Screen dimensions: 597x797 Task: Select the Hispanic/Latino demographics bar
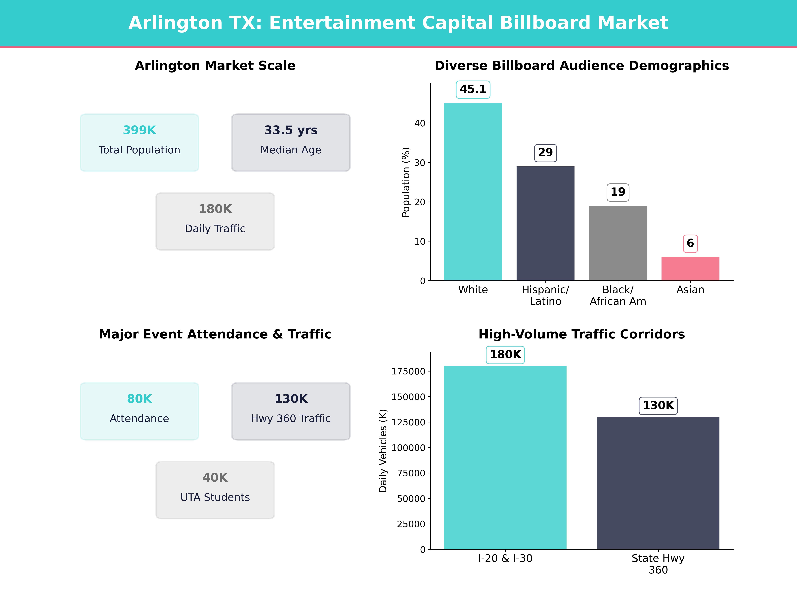pos(545,223)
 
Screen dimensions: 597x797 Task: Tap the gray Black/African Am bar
pos(618,243)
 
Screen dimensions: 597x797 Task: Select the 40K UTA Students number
pos(215,478)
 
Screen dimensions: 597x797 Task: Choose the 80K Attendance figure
pos(139,399)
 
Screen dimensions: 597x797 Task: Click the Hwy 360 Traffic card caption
pos(291,419)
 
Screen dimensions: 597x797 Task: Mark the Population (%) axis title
pos(406,182)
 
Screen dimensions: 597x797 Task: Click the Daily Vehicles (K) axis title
pos(383,451)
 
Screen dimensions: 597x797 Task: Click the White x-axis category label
pos(473,290)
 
